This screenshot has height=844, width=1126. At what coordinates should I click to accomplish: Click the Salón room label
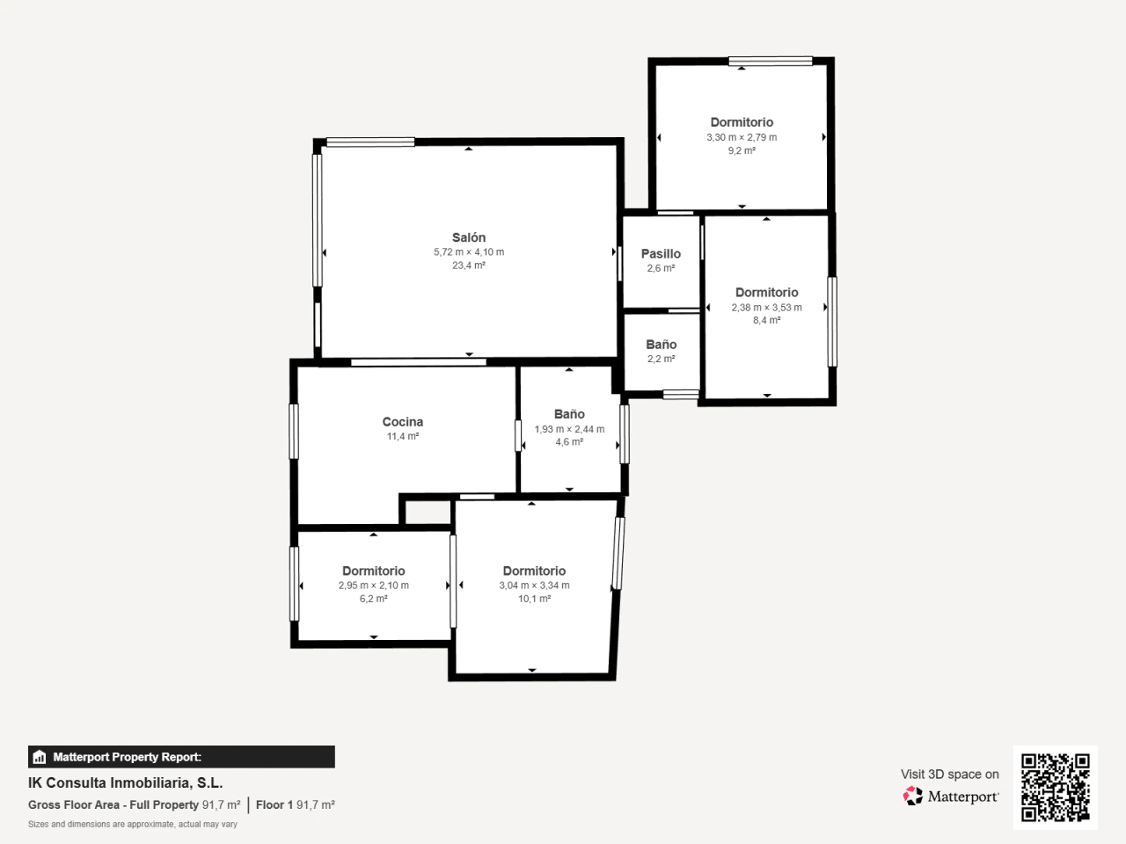tap(468, 237)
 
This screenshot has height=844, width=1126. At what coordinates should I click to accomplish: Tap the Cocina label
tap(403, 422)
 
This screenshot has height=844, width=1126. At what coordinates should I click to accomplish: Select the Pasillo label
tap(661, 254)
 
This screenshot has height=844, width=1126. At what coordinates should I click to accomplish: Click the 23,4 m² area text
tap(468, 266)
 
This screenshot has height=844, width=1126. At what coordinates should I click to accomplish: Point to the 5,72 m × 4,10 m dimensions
tap(469, 252)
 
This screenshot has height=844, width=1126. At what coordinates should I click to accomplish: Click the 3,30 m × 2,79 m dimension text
tap(742, 137)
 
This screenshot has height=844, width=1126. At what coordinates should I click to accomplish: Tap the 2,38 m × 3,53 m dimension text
tap(766, 308)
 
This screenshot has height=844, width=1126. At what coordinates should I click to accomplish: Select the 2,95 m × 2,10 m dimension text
tap(374, 586)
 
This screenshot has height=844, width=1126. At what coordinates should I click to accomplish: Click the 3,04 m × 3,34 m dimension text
tap(534, 586)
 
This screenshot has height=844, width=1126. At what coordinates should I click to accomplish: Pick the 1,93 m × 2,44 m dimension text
tap(569, 429)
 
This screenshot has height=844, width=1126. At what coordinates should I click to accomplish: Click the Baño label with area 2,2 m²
tap(662, 345)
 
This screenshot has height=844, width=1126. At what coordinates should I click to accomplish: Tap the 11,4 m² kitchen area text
tap(403, 437)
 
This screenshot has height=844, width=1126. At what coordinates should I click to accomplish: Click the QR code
tap(1056, 787)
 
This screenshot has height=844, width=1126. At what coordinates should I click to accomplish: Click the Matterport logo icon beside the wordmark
tap(912, 796)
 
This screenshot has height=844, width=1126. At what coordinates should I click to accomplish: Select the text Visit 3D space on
tap(949, 775)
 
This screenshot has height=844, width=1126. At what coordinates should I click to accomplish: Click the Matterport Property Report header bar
tap(181, 757)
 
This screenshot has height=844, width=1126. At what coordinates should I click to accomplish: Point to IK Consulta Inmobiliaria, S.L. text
tap(125, 783)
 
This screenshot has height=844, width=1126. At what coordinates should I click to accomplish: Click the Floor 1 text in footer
tap(274, 805)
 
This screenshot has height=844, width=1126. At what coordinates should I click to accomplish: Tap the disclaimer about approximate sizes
tap(132, 824)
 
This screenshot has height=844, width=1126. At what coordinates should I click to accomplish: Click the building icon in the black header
tap(40, 757)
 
